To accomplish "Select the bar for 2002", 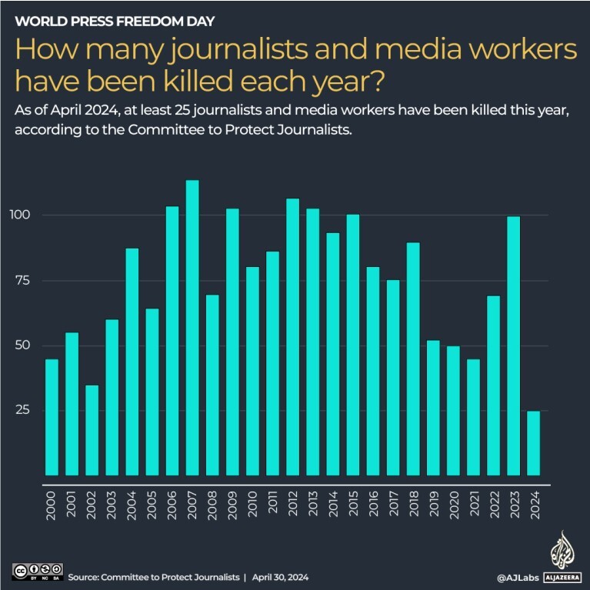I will pos(92,430).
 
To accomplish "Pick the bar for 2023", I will pos(513,346).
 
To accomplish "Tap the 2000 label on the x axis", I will pos(52,505).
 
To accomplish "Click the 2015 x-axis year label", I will pos(353,505).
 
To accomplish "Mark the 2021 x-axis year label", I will pos(473,505).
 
